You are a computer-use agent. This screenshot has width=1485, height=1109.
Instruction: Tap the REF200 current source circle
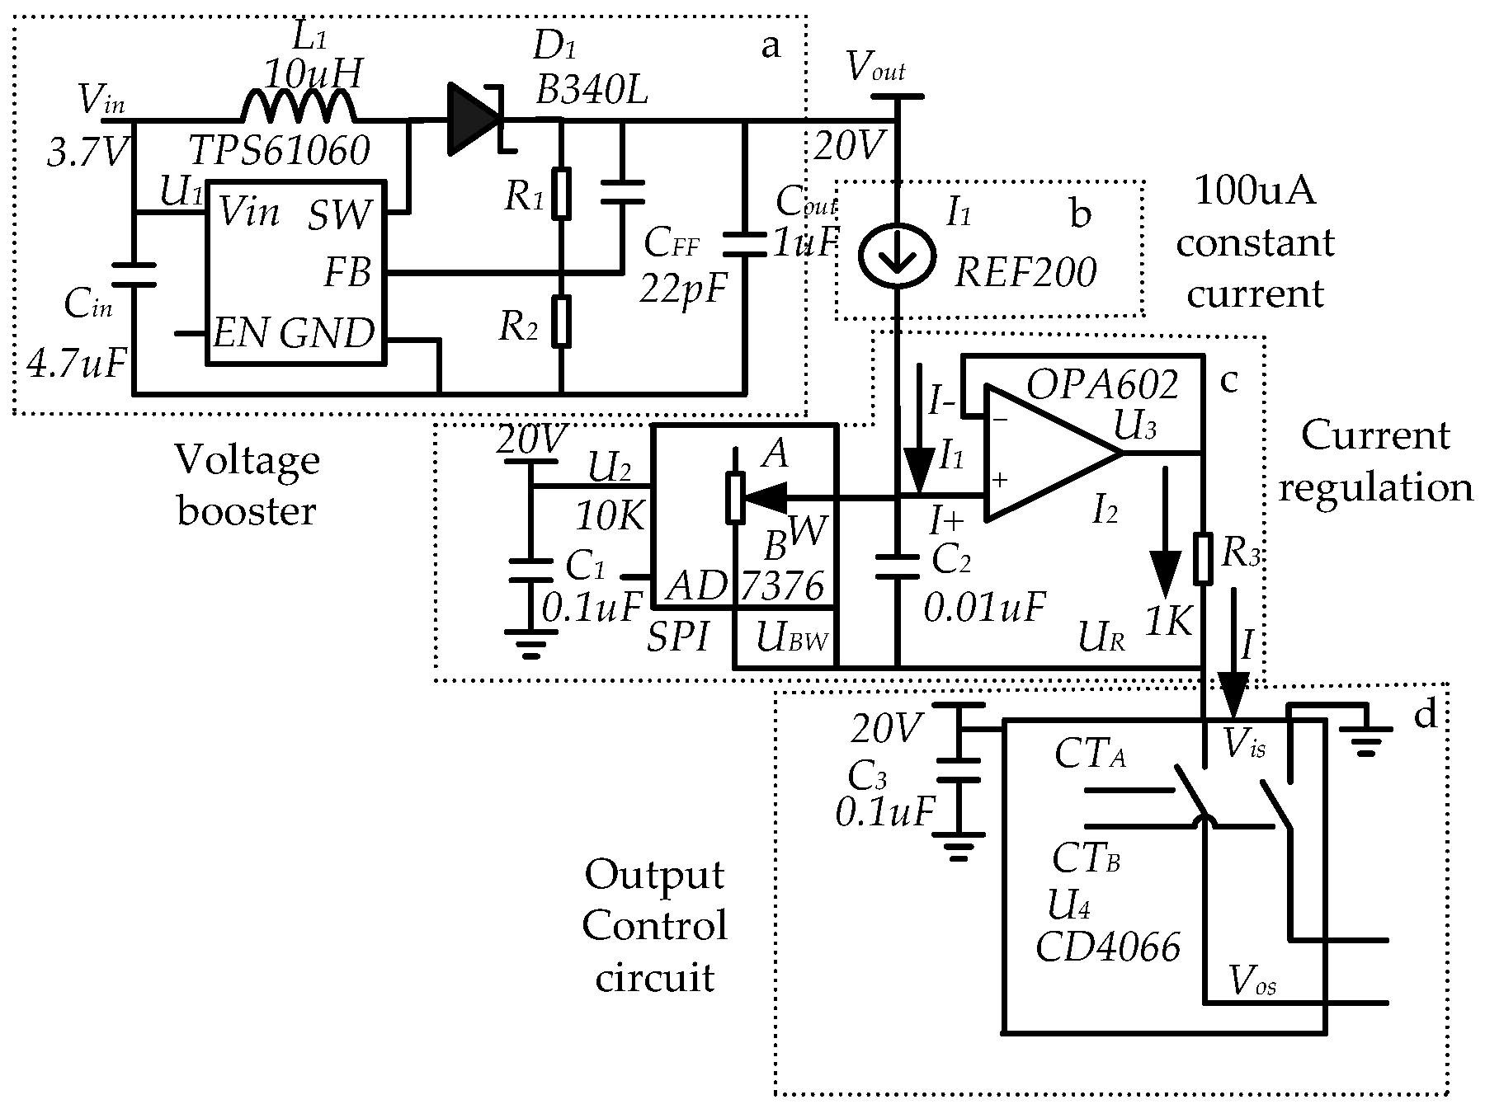pos(896,255)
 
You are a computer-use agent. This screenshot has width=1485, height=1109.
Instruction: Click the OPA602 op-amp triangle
pos(1048,453)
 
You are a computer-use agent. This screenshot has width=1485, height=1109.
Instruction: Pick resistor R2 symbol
pos(561,322)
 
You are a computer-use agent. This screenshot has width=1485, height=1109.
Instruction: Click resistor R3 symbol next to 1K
pos(1204,558)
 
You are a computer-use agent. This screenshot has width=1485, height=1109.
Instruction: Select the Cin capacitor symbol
pos(134,275)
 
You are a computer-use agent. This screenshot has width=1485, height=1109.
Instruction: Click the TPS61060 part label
pos(279,152)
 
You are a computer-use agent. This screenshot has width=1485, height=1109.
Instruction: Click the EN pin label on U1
pos(240,334)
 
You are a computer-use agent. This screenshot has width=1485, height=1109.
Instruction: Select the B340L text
pos(591,90)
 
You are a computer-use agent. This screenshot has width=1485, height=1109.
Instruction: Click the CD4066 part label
pos(1107,947)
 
